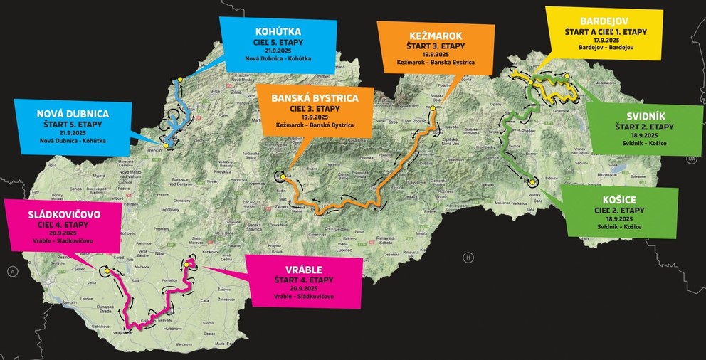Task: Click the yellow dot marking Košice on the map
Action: (x=532, y=182)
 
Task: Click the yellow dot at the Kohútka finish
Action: (x=181, y=79)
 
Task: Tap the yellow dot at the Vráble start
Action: (x=187, y=265)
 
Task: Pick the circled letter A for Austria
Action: (x=12, y=271)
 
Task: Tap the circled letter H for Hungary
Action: (x=468, y=257)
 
